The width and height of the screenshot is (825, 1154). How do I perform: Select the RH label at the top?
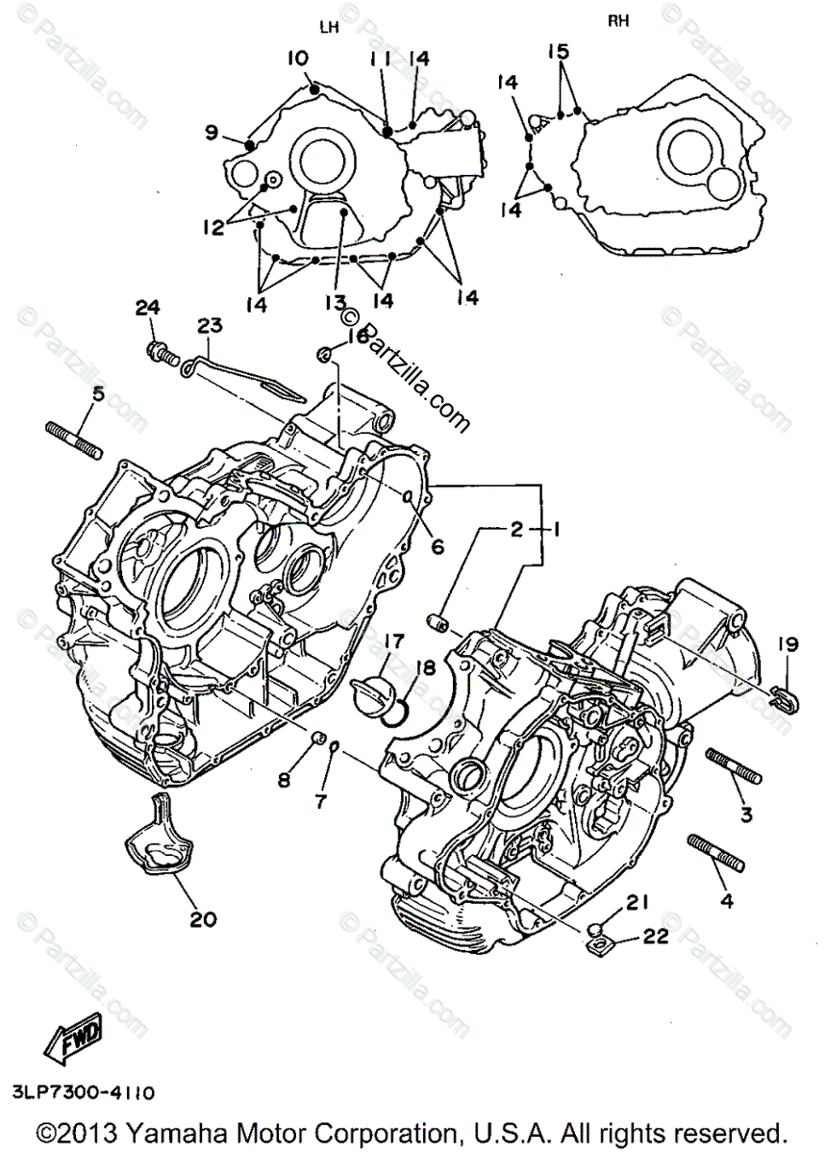619,21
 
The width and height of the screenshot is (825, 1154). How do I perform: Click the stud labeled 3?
734,766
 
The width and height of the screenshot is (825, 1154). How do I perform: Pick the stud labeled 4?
713,854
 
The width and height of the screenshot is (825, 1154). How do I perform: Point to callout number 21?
637,901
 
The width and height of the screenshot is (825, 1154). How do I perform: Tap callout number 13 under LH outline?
334,302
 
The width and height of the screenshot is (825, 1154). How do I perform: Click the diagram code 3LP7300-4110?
84,1092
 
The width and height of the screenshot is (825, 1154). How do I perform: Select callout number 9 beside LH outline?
212,133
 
